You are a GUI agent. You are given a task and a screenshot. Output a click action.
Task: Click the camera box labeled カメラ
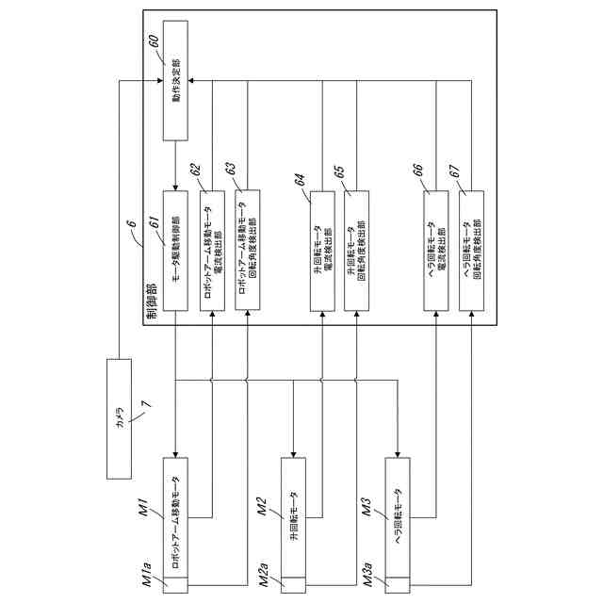tap(120, 417)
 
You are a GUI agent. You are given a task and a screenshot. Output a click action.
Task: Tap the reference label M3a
tap(369, 575)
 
